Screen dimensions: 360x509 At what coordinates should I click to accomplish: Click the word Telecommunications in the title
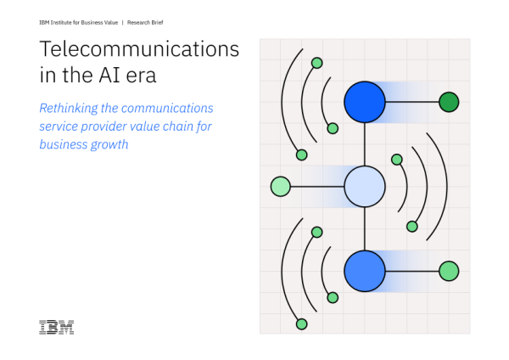139,49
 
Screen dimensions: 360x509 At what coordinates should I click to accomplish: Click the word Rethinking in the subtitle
70,109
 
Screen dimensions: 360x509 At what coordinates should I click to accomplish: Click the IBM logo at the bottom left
56,327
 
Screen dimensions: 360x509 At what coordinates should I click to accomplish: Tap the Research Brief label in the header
136,23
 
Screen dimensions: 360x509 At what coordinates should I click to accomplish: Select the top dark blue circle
365,102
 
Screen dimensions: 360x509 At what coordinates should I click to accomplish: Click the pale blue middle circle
365,186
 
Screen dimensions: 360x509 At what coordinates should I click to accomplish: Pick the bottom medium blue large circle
365,271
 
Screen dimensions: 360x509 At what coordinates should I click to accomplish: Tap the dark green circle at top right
449,102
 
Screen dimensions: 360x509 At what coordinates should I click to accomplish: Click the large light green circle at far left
281,186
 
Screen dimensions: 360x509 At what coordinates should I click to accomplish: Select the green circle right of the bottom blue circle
449,271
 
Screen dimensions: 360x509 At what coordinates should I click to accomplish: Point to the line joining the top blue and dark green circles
412,102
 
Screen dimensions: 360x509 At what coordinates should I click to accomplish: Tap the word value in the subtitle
145,127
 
